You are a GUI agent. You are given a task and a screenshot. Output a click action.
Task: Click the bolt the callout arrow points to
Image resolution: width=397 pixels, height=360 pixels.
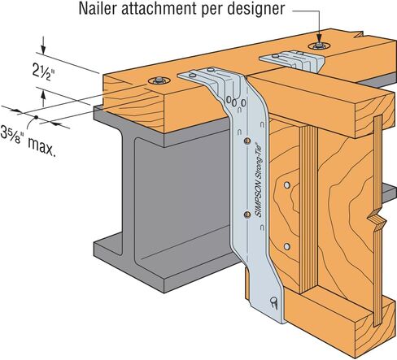(x=319, y=45)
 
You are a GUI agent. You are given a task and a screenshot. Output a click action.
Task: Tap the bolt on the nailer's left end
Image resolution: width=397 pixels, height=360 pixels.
(x=159, y=80)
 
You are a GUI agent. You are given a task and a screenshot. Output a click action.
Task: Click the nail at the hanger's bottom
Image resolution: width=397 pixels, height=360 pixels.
(x=273, y=302)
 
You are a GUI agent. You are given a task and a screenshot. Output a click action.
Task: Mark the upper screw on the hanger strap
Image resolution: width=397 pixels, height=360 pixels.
(x=246, y=141)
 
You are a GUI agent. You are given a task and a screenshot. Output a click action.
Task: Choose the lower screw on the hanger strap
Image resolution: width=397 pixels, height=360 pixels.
(x=247, y=215)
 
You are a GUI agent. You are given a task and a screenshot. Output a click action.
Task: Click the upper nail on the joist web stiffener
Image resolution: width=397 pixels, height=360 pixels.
(x=287, y=185)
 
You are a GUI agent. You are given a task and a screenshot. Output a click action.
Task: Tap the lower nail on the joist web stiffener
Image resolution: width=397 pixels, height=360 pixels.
(x=287, y=246)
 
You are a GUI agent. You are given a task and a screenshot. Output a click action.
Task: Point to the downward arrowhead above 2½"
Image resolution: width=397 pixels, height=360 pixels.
(x=43, y=50)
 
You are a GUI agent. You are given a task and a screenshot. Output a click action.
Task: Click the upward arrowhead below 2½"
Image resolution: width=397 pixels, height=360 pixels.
(x=43, y=96)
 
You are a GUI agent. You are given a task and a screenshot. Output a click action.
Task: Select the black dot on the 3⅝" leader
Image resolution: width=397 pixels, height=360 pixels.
(x=36, y=118)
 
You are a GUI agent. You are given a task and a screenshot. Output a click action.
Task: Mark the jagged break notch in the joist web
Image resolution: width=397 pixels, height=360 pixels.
(x=377, y=219)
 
